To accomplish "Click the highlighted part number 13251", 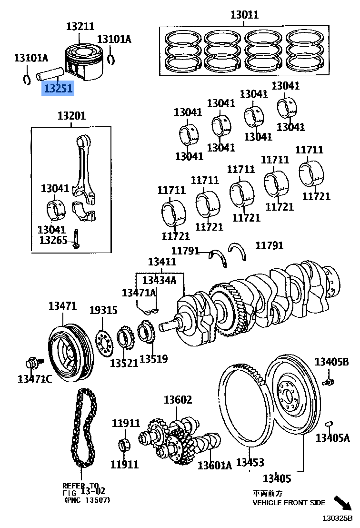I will point(58,89).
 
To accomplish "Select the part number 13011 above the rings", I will point(244,15).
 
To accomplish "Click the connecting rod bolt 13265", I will point(75,239).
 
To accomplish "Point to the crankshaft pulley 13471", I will point(66,350).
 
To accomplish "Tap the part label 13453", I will point(250,462).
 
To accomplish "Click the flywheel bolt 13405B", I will point(327,381).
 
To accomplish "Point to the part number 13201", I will point(71,116).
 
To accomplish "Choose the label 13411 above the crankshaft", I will point(162,262).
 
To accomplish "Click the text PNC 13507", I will point(87,500).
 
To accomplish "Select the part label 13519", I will point(153,358).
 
